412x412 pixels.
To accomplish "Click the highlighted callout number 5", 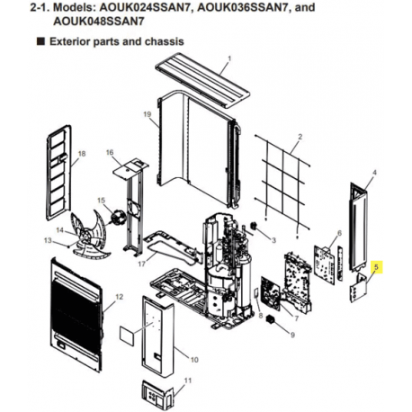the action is point(376,266).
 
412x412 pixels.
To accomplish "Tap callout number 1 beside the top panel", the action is point(229,58).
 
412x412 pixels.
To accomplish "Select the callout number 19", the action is point(148,114).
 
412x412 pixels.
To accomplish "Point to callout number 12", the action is point(119,297).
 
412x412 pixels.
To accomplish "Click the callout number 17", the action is point(141,264).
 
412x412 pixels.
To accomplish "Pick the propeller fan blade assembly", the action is point(90,236).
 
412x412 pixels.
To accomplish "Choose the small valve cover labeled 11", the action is point(158,393).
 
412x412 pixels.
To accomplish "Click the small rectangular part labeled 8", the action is point(256,294).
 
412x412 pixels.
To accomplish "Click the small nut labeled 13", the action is point(68,246).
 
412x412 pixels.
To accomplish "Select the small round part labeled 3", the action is point(255,226).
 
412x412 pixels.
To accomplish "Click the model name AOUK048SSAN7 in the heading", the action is point(98,22).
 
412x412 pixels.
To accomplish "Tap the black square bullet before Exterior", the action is point(40,41).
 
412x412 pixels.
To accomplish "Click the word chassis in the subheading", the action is point(164,41).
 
